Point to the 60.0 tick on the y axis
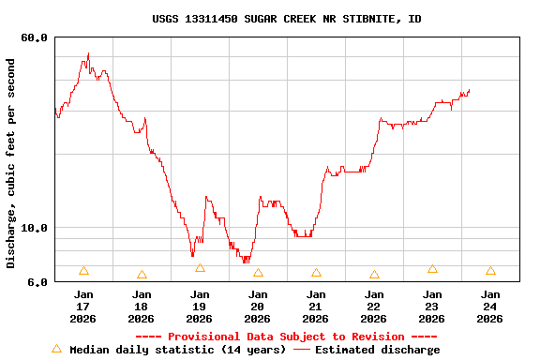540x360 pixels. pos(34,37)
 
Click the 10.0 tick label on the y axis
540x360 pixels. pos(34,228)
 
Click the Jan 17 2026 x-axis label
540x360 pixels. pos(82,307)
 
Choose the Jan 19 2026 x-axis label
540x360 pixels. pos(199,307)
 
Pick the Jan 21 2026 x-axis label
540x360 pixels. pos(315,307)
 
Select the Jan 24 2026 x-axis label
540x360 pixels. pos(489,307)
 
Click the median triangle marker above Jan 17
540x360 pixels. pos(83,271)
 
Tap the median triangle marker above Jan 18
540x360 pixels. pos(142,275)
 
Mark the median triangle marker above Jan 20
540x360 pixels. pos(258,273)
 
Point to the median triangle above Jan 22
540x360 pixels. pos(374,275)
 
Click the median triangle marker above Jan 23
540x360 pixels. pos(432,269)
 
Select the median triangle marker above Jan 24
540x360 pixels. pos(490,271)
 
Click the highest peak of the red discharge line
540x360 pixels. pos(88,53)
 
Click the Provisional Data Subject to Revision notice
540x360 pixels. pos(287,337)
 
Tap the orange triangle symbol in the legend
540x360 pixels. pos(56,349)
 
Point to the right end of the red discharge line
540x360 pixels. pos(469,90)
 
